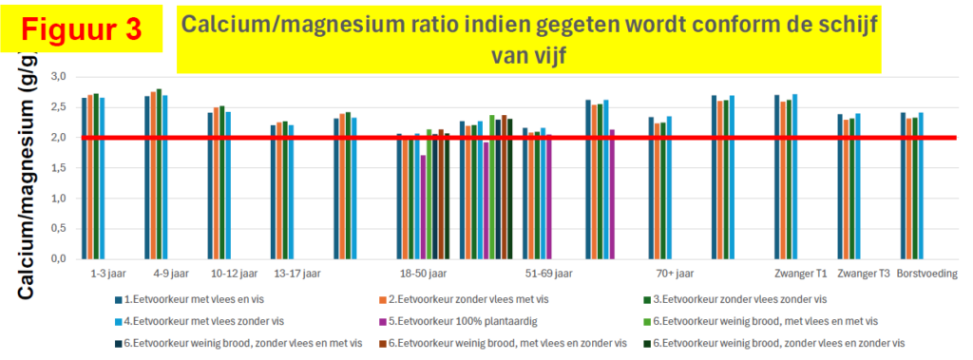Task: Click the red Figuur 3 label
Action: (82, 29)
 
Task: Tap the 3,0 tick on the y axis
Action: (58, 76)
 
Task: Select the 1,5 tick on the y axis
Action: (58, 167)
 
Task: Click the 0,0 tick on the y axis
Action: (58, 258)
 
